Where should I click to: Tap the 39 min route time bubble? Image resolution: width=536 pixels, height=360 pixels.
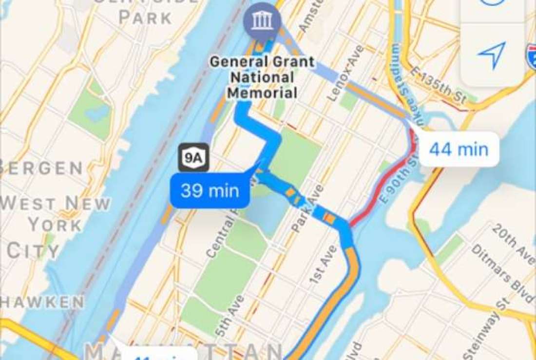pos(210,190)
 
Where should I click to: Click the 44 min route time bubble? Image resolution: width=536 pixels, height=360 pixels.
pos(459,149)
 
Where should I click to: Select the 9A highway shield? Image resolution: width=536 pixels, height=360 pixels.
pos(193,157)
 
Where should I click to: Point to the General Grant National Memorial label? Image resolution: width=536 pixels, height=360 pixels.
pos(262,77)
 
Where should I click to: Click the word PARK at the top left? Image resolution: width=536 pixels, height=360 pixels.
pos(145,18)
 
